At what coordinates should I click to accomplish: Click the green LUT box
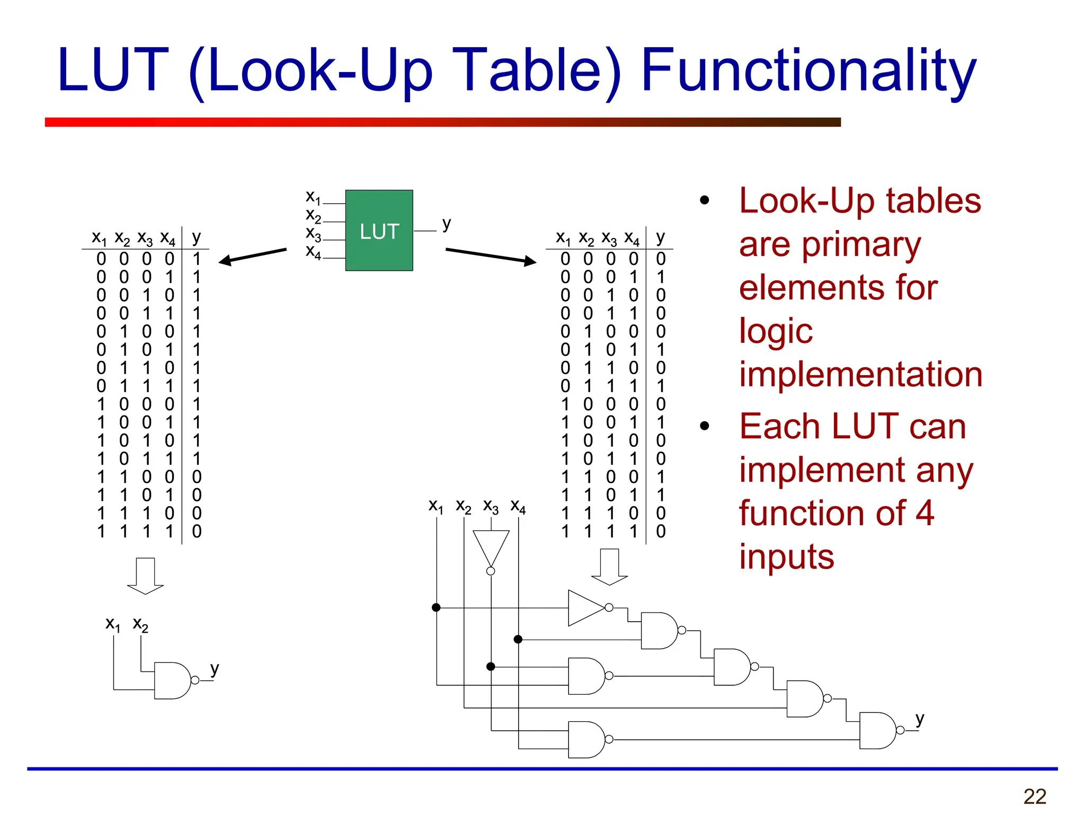(379, 231)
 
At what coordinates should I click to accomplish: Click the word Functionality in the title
(808, 72)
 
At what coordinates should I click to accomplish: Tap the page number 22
(1035, 797)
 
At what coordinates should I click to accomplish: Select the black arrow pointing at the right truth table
(491, 256)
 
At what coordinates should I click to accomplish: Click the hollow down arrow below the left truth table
(145, 576)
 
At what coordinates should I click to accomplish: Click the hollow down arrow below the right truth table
(609, 567)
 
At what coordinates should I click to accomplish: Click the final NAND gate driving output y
(878, 730)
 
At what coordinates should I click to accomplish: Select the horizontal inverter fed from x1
(586, 607)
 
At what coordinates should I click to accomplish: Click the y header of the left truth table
(197, 237)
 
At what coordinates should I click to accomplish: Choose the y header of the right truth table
(660, 237)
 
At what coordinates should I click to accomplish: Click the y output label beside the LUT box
(447, 224)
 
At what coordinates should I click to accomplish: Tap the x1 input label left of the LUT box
(313, 197)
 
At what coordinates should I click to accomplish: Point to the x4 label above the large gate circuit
(518, 507)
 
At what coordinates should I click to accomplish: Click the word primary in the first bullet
(861, 245)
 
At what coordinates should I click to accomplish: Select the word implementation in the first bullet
(861, 374)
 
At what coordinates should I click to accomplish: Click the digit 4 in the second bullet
(924, 513)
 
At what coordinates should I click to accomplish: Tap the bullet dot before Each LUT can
(704, 426)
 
